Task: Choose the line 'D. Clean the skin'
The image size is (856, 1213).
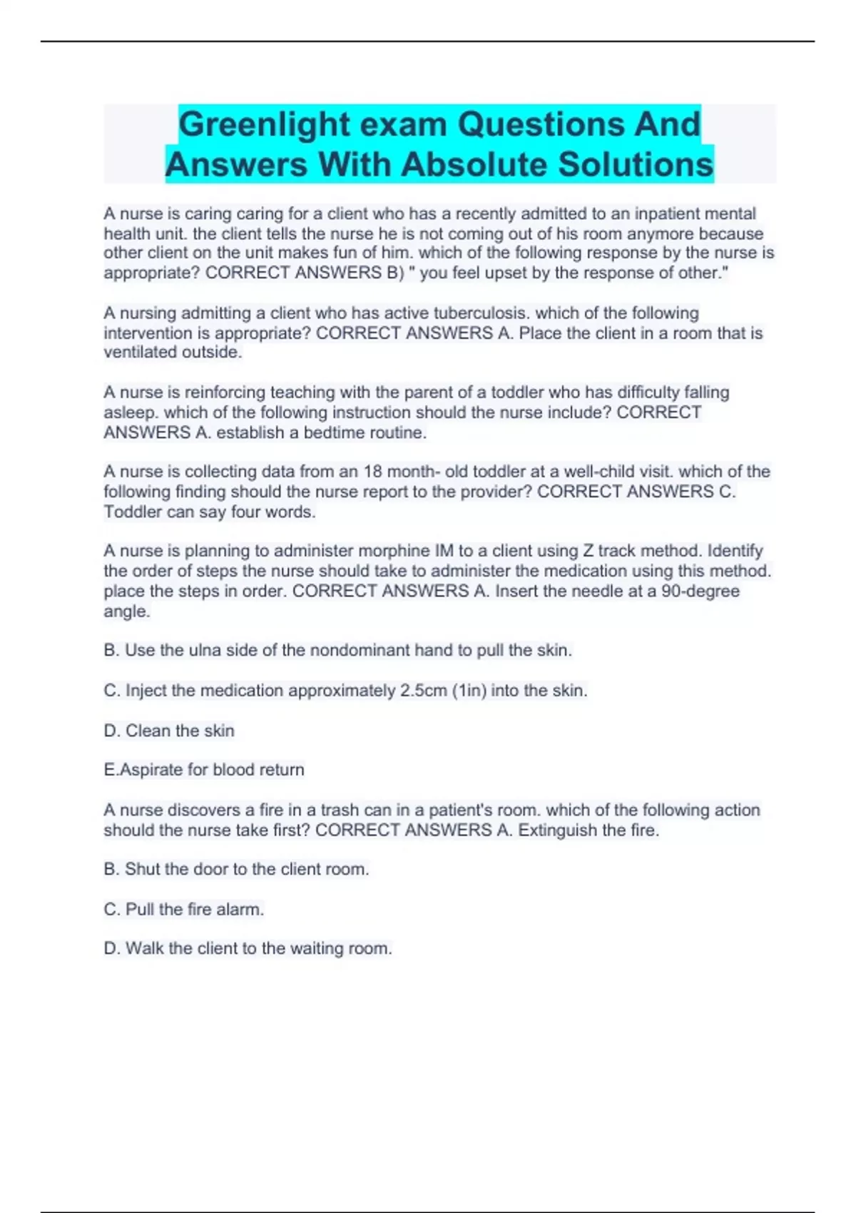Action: pyautogui.click(x=169, y=731)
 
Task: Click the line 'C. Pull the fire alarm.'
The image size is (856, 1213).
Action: pyautogui.click(x=184, y=910)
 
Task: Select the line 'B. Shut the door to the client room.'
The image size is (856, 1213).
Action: pyautogui.click(x=236, y=869)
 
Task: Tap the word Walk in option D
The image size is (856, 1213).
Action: pyautogui.click(x=145, y=948)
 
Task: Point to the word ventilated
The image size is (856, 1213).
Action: pyautogui.click(x=140, y=352)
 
